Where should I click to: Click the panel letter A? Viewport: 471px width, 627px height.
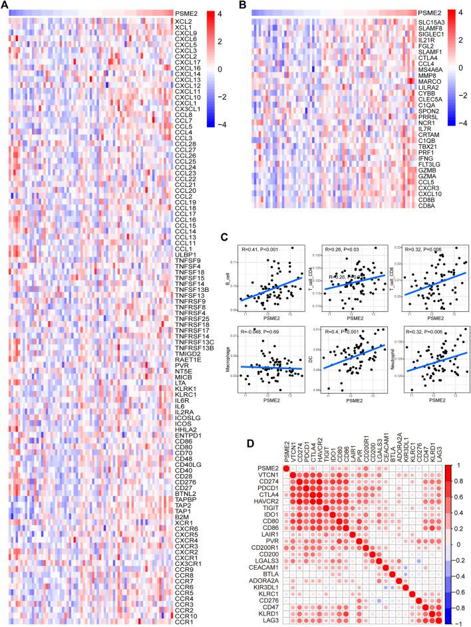(x=5, y=6)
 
